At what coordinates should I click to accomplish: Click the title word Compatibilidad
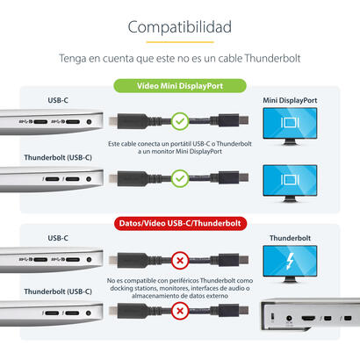[179, 26]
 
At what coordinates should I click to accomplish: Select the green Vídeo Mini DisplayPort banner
[180, 86]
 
